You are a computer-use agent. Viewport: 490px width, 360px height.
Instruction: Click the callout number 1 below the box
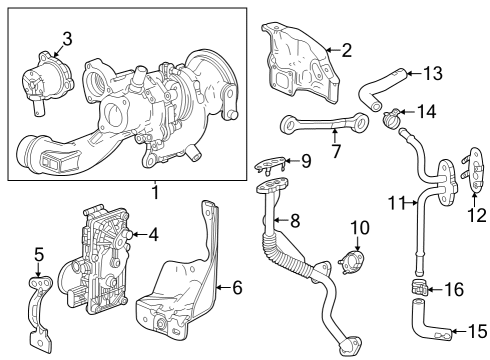155,191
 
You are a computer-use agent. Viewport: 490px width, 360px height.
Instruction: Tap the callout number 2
345,49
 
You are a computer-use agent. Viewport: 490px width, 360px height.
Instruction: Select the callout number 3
66,39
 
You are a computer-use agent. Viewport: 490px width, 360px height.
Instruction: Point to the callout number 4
153,235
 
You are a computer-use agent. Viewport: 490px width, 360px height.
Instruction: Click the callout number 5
39,254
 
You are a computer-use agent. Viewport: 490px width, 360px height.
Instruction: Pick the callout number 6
237,288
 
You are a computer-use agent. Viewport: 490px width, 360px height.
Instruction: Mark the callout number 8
295,220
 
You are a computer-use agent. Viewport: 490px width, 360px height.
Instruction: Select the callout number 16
454,289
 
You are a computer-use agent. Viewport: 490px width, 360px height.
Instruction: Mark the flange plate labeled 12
466,172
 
